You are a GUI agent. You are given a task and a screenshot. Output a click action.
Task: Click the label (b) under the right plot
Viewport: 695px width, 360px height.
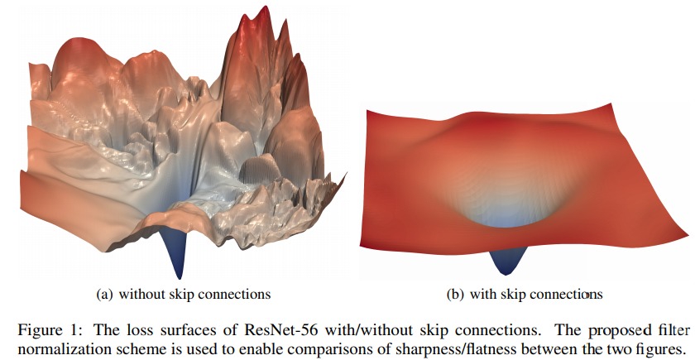coord(456,294)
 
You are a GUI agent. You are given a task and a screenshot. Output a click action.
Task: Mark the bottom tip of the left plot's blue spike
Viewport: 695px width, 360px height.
coord(180,278)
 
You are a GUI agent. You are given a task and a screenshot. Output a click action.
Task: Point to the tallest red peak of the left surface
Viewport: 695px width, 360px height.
coord(264,10)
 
